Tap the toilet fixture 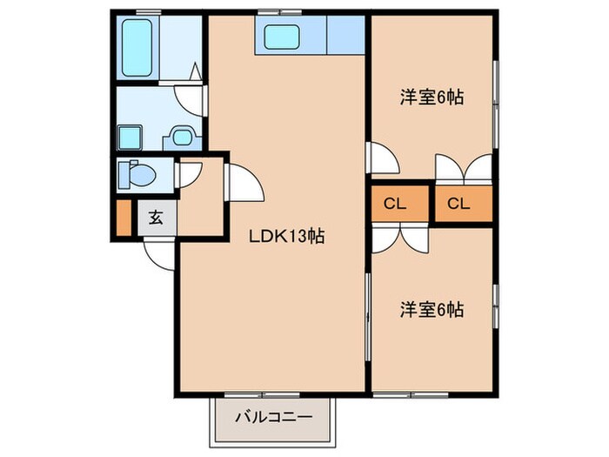click(x=140, y=173)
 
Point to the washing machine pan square click(x=131, y=138)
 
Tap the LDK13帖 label click(x=287, y=236)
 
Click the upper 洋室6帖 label click(x=431, y=97)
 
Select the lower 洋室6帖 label click(x=431, y=308)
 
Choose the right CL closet click(x=458, y=205)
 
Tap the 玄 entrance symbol click(x=155, y=218)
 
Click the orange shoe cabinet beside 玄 click(x=123, y=219)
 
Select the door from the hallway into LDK click(x=242, y=183)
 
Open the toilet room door click(x=188, y=173)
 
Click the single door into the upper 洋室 click(x=382, y=158)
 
